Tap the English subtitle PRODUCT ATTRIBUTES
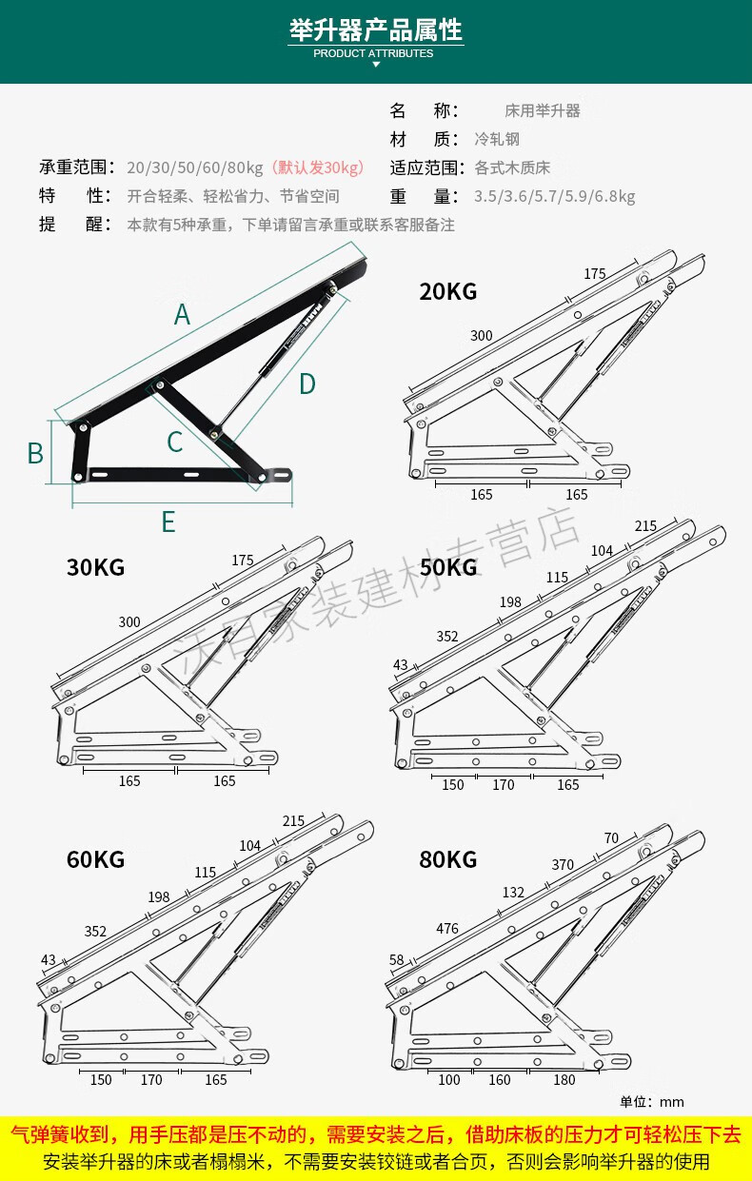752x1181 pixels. pos(373,53)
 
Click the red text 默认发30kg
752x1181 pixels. pos(318,168)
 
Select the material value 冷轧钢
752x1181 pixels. pos(497,139)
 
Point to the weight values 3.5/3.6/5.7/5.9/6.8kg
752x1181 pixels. pos(554,197)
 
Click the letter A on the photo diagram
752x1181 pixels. pos(182,315)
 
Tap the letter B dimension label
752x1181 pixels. pos(35,454)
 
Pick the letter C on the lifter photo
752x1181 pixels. pos(174,443)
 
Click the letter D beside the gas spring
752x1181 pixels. pos(307,384)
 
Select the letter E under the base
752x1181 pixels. pos(168,522)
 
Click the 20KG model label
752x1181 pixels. pos(447,292)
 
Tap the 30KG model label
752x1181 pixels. pos(95,568)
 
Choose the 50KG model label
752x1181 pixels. pos(447,568)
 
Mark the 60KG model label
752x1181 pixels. pos(95,860)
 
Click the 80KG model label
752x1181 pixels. pos(447,860)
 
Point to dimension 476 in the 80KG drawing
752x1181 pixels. pos(447,928)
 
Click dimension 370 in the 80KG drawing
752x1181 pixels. pos(563,864)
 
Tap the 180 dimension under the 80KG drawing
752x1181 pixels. pos(564,1079)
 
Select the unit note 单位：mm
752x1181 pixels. pos(652,1102)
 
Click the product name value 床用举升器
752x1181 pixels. pos(542,111)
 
